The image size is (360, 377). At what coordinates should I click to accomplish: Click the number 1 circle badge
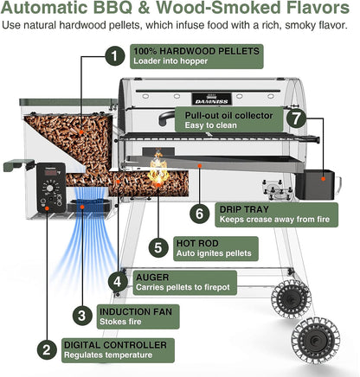click(112, 57)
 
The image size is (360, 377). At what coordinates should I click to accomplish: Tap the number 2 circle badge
click(45, 350)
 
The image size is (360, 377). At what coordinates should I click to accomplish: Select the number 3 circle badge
click(81, 315)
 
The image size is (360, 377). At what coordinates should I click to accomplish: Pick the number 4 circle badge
click(117, 281)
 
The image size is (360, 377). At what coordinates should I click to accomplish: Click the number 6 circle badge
click(199, 213)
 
